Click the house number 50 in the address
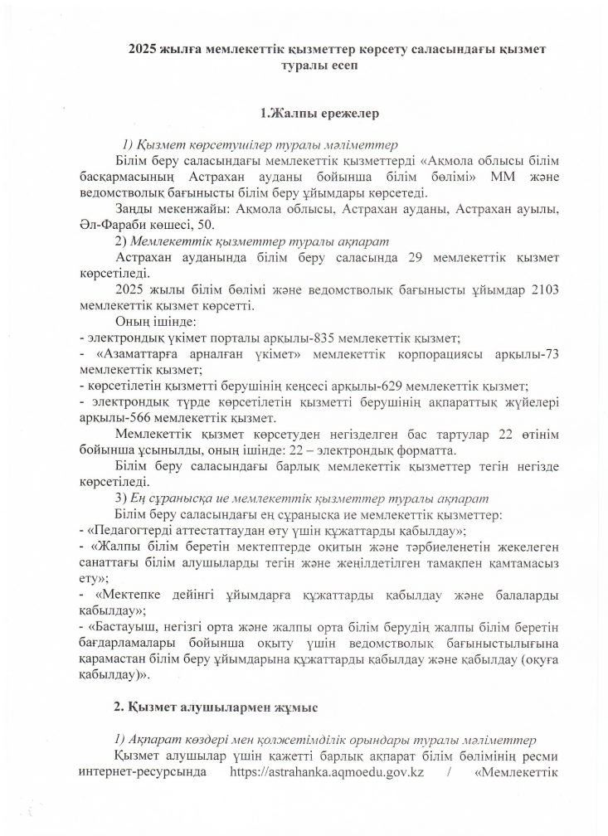tap(207, 226)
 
